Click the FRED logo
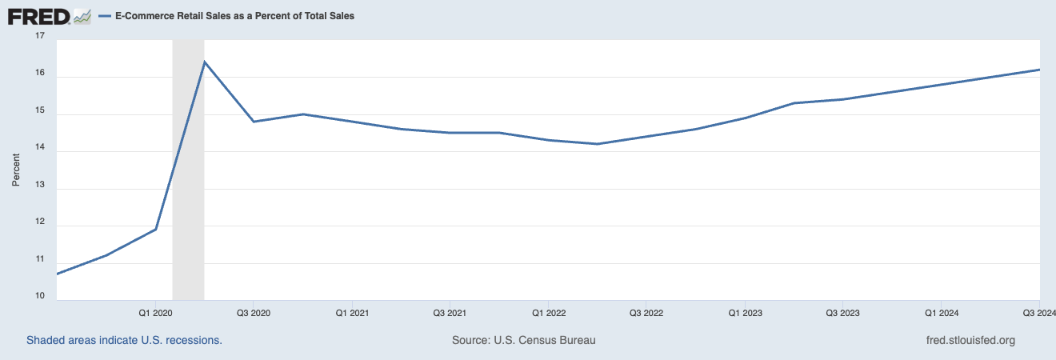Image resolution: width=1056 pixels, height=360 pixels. click(38, 16)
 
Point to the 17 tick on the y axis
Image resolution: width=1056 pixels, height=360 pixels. click(41, 37)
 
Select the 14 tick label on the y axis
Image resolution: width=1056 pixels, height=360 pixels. click(41, 151)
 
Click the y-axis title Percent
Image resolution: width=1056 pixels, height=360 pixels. click(15, 168)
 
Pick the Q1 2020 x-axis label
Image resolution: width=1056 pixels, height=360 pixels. click(155, 312)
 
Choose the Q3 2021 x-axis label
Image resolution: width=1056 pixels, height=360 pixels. click(450, 312)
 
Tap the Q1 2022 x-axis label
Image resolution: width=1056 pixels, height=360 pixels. click(548, 312)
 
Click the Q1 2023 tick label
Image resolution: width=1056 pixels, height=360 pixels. click(745, 312)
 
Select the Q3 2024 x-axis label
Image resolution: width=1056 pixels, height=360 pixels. click(1039, 312)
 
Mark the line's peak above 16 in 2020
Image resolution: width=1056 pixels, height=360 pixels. click(205, 62)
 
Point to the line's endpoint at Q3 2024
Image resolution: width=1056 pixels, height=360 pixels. click(1038, 70)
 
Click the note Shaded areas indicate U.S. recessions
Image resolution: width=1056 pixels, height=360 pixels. click(124, 340)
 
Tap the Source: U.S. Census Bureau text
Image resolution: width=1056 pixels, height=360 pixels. click(524, 340)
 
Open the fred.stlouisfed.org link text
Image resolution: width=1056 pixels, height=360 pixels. click(970, 340)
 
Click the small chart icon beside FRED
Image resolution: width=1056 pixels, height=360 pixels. click(82, 16)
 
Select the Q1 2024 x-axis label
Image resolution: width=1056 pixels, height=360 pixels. click(942, 312)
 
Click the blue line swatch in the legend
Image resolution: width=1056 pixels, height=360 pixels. click(104, 16)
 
